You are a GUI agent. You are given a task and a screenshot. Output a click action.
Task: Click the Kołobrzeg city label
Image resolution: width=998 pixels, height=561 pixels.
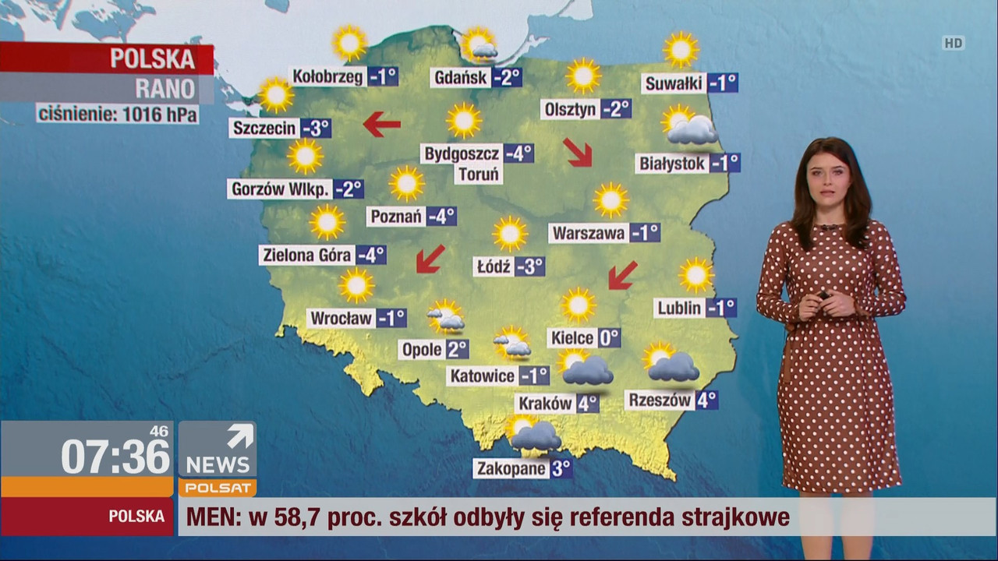click(328, 76)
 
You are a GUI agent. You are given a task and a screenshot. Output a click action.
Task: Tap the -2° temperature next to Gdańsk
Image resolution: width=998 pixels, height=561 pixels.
click(508, 77)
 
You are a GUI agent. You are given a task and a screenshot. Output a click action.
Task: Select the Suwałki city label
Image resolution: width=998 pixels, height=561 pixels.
click(674, 83)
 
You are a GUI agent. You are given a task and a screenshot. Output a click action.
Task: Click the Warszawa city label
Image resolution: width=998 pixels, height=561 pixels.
click(589, 233)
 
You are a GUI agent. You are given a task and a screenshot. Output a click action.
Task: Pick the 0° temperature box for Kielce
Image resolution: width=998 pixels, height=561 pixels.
click(609, 337)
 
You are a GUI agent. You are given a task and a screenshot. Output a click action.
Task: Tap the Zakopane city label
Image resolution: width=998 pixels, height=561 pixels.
click(511, 468)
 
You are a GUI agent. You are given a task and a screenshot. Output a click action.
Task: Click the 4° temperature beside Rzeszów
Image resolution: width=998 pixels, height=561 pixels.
click(706, 400)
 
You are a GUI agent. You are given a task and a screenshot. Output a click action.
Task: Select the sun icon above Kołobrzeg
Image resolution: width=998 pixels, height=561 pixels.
click(349, 42)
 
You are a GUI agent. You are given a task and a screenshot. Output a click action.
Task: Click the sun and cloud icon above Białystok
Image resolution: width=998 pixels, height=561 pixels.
click(688, 126)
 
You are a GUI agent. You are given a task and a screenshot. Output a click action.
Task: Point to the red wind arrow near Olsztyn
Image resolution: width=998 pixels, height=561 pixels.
click(579, 152)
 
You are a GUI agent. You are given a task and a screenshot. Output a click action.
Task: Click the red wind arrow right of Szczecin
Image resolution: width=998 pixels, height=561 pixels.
click(382, 123)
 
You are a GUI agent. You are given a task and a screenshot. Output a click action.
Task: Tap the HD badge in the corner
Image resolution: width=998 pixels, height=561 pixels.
click(953, 44)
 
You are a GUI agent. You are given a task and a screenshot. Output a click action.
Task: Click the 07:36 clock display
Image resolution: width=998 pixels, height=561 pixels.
click(115, 456)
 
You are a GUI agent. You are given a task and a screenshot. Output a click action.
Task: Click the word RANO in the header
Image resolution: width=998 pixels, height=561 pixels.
click(165, 88)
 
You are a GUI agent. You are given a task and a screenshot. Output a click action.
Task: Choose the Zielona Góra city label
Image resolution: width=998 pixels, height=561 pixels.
click(307, 255)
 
